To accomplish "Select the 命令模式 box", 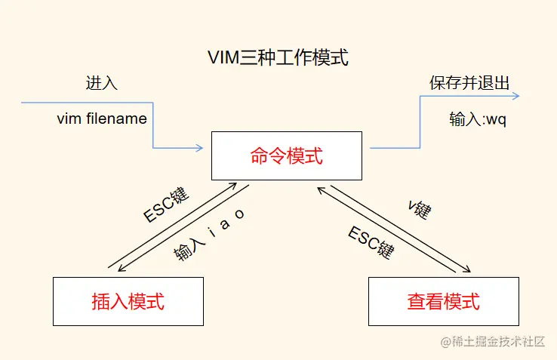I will tap(286, 156).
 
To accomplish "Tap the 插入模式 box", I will tap(128, 301).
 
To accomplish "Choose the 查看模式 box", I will tap(443, 301).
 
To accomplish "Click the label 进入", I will tap(101, 83).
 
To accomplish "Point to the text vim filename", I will tap(102, 119).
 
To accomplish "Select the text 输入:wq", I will tap(475, 120).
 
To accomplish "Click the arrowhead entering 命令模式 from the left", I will tap(200, 148).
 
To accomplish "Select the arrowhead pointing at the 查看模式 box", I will tap(469, 271).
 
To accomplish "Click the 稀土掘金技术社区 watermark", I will tap(494, 341).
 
